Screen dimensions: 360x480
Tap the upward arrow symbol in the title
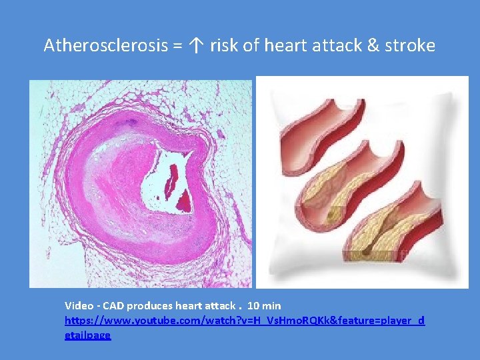[x=195, y=46]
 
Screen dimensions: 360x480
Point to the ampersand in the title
[x=373, y=46]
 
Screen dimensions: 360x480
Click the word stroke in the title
[x=409, y=46]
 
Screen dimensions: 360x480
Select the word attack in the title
[x=336, y=46]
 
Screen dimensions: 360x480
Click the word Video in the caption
[x=79, y=306]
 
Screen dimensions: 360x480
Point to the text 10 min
[x=264, y=306]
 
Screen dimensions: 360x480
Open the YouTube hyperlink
[x=244, y=321]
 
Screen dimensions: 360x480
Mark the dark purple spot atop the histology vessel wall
[x=131, y=121]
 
